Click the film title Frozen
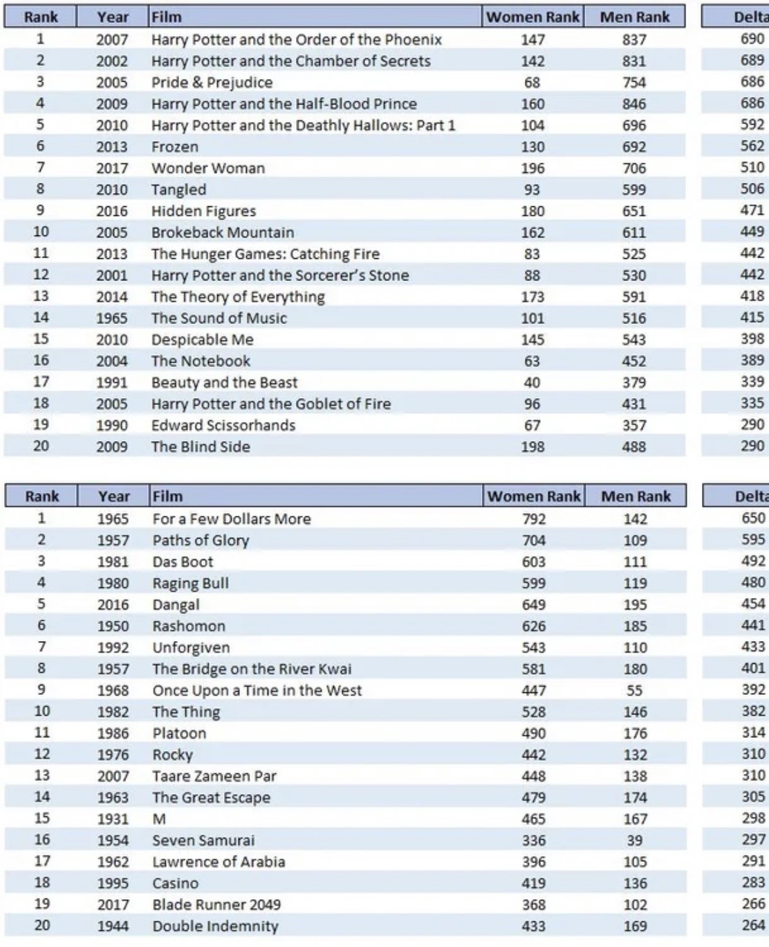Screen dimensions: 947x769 pos(175,147)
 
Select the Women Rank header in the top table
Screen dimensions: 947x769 pos(532,17)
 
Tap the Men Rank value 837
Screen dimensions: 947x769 pos(634,39)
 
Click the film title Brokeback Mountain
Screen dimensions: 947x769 pos(223,233)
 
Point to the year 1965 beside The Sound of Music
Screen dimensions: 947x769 pos(112,318)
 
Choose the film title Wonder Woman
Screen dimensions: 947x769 pos(208,168)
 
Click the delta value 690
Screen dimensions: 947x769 pos(752,39)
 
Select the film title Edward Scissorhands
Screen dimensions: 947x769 pos(223,425)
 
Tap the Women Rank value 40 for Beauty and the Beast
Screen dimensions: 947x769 pos(532,383)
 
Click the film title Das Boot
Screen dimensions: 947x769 pos(183,561)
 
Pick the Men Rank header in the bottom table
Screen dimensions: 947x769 pos(636,496)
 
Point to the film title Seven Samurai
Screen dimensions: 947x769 pos(203,840)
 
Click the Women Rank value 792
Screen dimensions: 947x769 pos(534,518)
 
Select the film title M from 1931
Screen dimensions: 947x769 pos(159,819)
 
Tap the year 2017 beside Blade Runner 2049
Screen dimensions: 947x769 pos(113,905)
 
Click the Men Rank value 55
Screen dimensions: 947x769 pos(634,690)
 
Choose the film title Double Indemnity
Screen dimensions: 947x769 pos(215,926)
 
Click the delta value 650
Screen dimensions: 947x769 pos(753,518)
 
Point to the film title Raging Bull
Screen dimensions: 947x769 pos(190,583)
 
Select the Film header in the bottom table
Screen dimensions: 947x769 pos(167,496)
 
